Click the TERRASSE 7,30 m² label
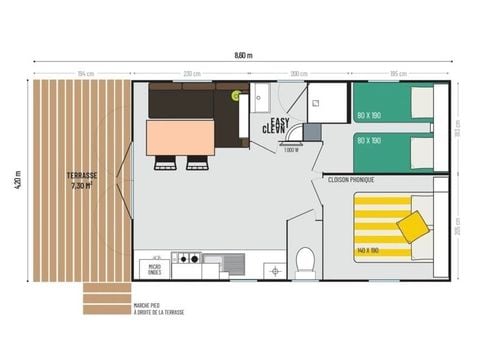[x=82, y=179]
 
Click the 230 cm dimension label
[x=192, y=73]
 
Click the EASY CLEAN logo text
[x=273, y=126]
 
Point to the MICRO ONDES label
[x=155, y=268]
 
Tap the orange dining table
[x=181, y=137]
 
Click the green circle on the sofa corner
[x=237, y=96]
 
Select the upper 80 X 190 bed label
[x=368, y=116]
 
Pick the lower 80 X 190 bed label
[x=368, y=141]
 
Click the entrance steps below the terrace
[x=106, y=298]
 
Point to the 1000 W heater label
[x=290, y=150]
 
